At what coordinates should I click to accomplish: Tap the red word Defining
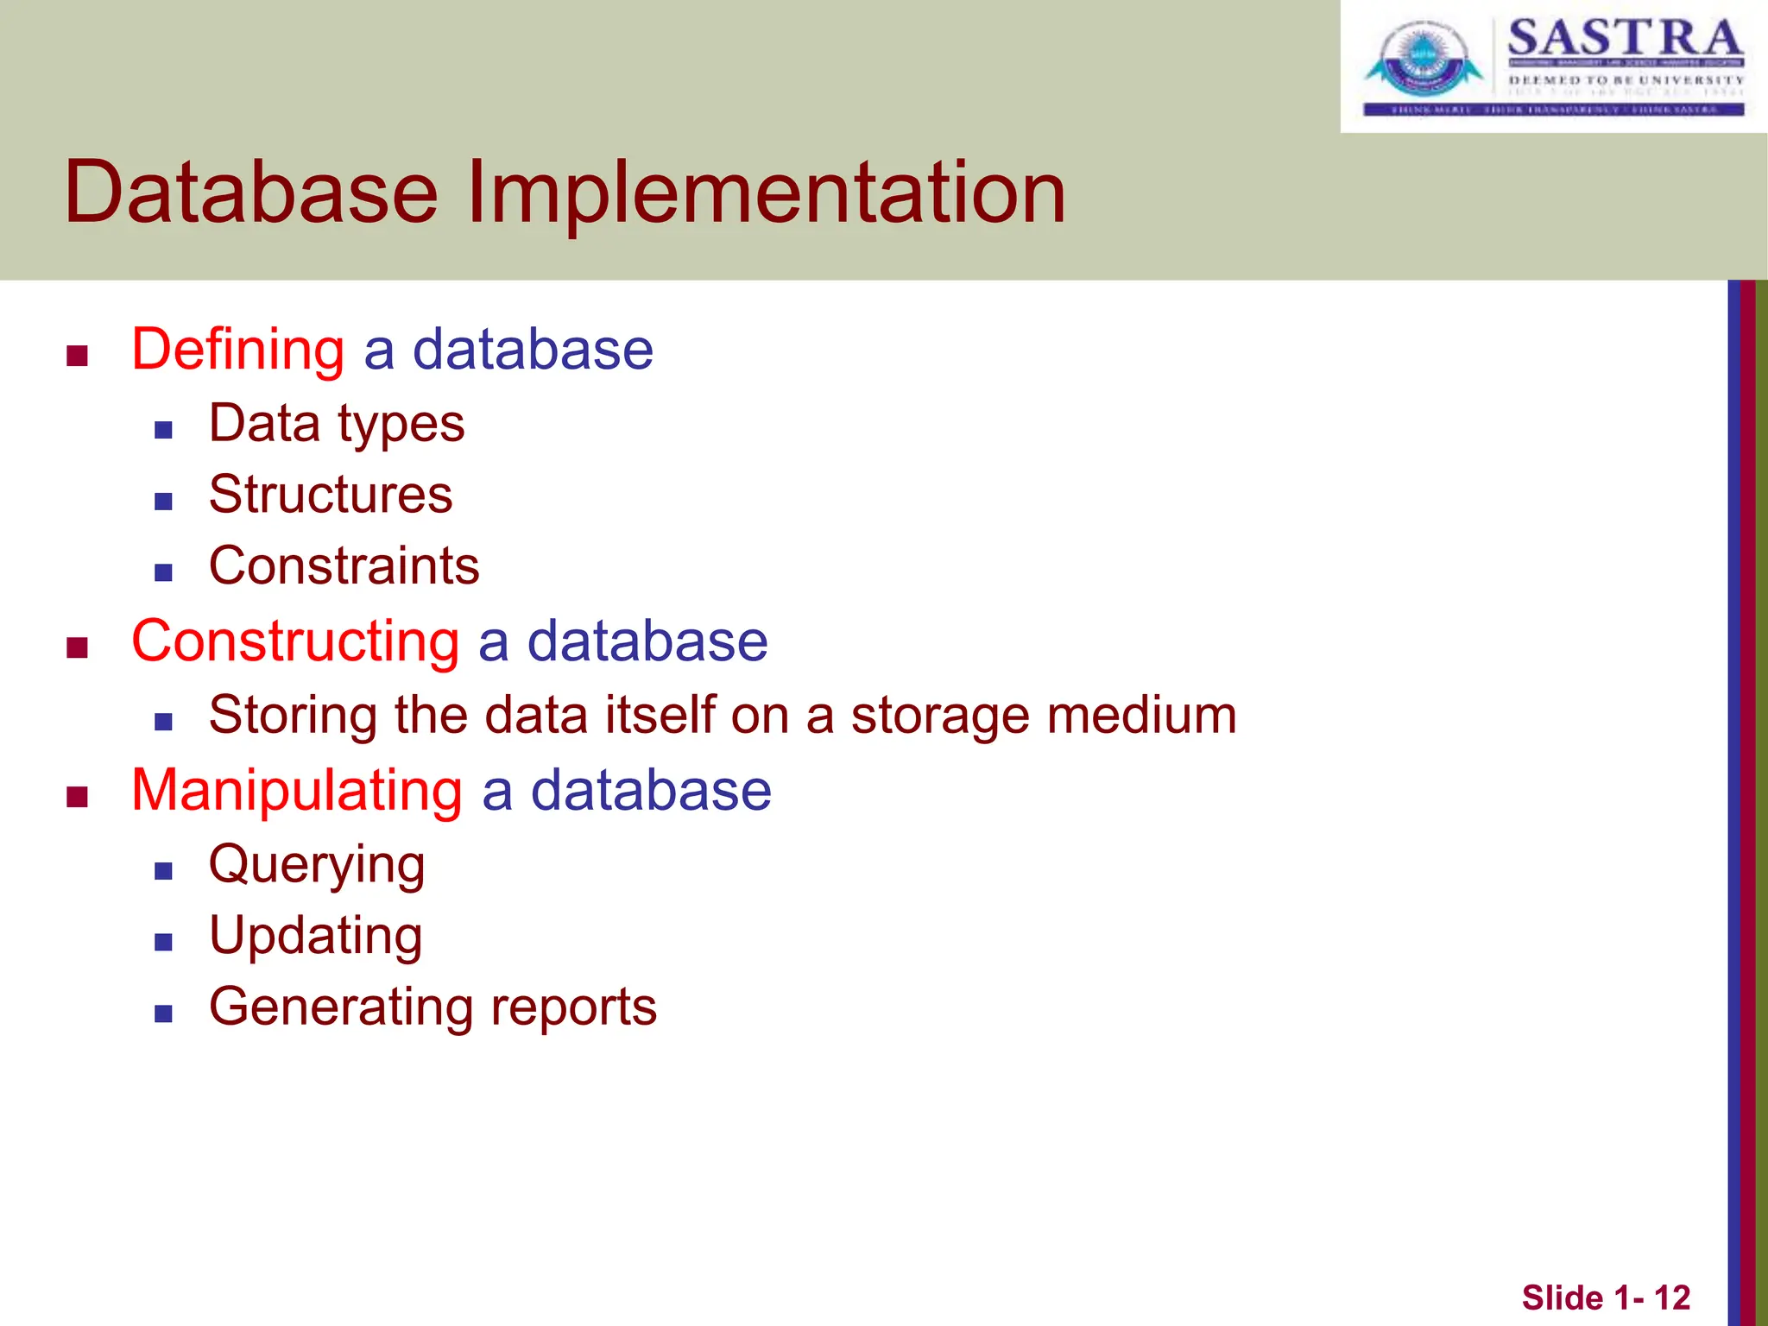point(237,350)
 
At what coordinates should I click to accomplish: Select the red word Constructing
point(295,641)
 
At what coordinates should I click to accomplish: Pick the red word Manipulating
point(297,791)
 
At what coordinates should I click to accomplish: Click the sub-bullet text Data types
point(337,425)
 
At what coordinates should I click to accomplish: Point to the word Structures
point(331,495)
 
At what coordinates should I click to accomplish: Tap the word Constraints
point(344,566)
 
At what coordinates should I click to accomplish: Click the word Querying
point(317,865)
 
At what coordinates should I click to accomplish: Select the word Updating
point(316,936)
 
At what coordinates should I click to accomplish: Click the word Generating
point(340,1007)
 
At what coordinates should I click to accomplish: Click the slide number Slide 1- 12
point(1605,1298)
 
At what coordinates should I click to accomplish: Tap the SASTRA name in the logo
point(1625,39)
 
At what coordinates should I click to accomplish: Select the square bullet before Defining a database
point(78,356)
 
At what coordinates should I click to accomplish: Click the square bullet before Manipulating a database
point(78,796)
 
